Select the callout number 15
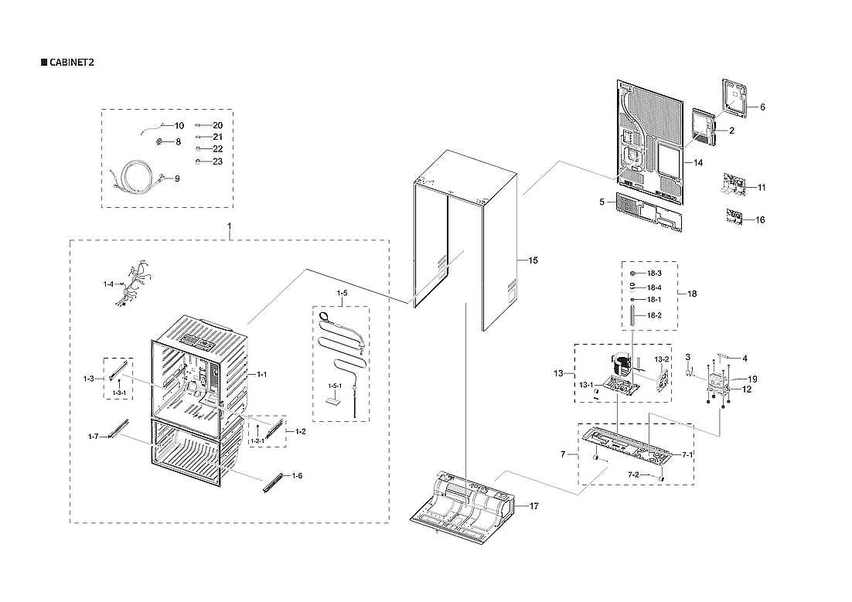coord(533,260)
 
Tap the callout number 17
coord(533,505)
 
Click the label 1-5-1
coord(335,386)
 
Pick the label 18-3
coord(654,274)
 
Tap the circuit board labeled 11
coord(734,186)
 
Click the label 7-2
coord(633,474)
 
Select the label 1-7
coord(93,437)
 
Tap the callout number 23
coord(217,162)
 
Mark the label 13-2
coord(661,359)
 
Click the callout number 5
coord(601,201)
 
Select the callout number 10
coord(179,125)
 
